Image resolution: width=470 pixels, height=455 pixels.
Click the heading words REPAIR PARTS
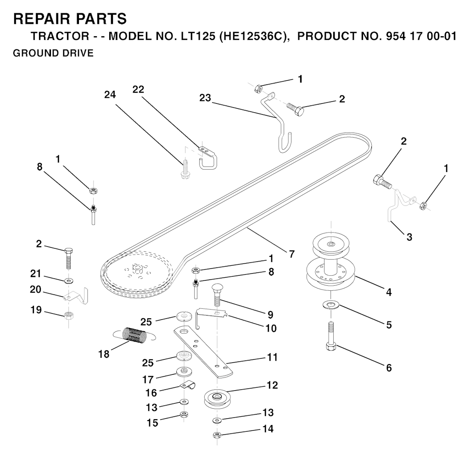(70, 19)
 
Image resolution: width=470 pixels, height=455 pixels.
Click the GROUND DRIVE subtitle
(53, 53)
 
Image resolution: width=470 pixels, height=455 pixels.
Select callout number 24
(109, 94)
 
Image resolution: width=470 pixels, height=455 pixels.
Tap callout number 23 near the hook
(205, 97)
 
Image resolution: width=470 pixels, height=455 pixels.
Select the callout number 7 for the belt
(291, 253)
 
